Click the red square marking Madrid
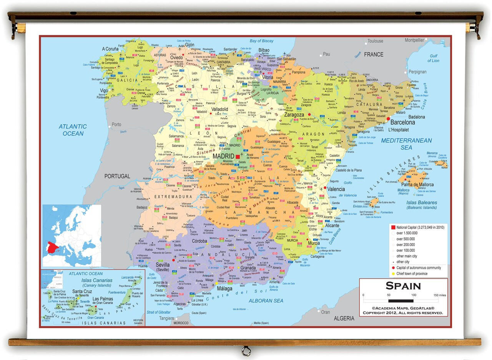click(x=238, y=157)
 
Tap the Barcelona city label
click(x=402, y=123)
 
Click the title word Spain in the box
click(x=403, y=286)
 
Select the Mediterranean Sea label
click(x=406, y=144)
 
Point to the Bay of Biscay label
click(x=261, y=41)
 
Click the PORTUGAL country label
click(x=117, y=176)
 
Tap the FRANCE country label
click(x=374, y=55)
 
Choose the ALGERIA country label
click(x=344, y=318)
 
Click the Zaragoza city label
click(x=294, y=115)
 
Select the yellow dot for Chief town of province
click(x=393, y=274)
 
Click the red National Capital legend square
click(x=393, y=227)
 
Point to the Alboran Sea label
click(x=266, y=301)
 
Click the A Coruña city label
click(x=110, y=49)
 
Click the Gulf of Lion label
click(x=433, y=58)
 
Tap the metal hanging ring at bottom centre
click(x=246, y=351)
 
